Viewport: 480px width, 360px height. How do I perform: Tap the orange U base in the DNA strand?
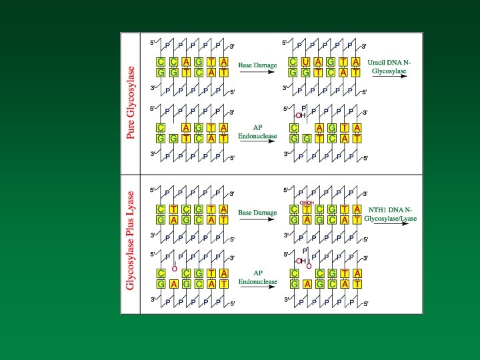305,62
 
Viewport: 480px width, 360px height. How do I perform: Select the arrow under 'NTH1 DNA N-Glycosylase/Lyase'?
395,223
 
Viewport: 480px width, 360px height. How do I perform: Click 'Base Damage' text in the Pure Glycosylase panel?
257,67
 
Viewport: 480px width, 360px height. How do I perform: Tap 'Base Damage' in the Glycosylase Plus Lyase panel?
257,213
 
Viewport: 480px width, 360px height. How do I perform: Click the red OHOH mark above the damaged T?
306,203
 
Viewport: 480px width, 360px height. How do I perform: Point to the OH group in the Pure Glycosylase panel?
301,115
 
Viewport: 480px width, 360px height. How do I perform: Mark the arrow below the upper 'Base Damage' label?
257,73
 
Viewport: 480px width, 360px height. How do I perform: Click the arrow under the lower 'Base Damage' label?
257,219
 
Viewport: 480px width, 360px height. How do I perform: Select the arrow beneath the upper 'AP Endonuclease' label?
257,139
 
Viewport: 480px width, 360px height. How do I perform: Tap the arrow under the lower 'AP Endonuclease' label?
257,286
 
